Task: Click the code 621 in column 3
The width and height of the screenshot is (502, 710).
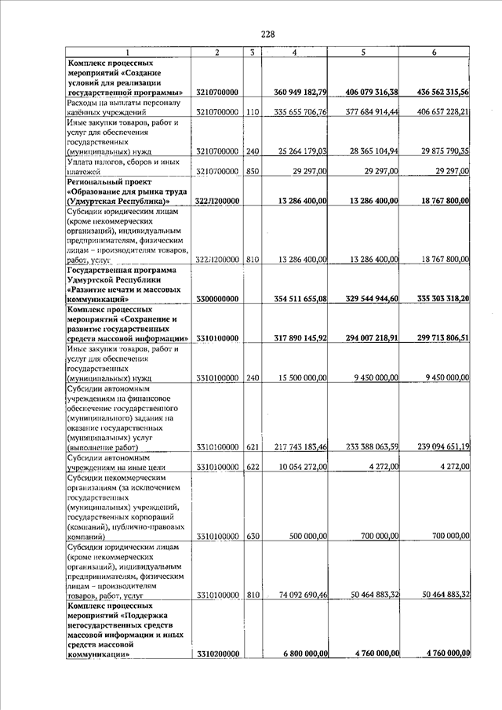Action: (x=252, y=446)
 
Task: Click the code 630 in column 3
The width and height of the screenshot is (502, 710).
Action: (x=252, y=536)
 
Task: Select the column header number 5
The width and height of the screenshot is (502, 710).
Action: (x=364, y=52)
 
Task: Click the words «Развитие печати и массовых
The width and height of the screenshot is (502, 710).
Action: (x=123, y=289)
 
